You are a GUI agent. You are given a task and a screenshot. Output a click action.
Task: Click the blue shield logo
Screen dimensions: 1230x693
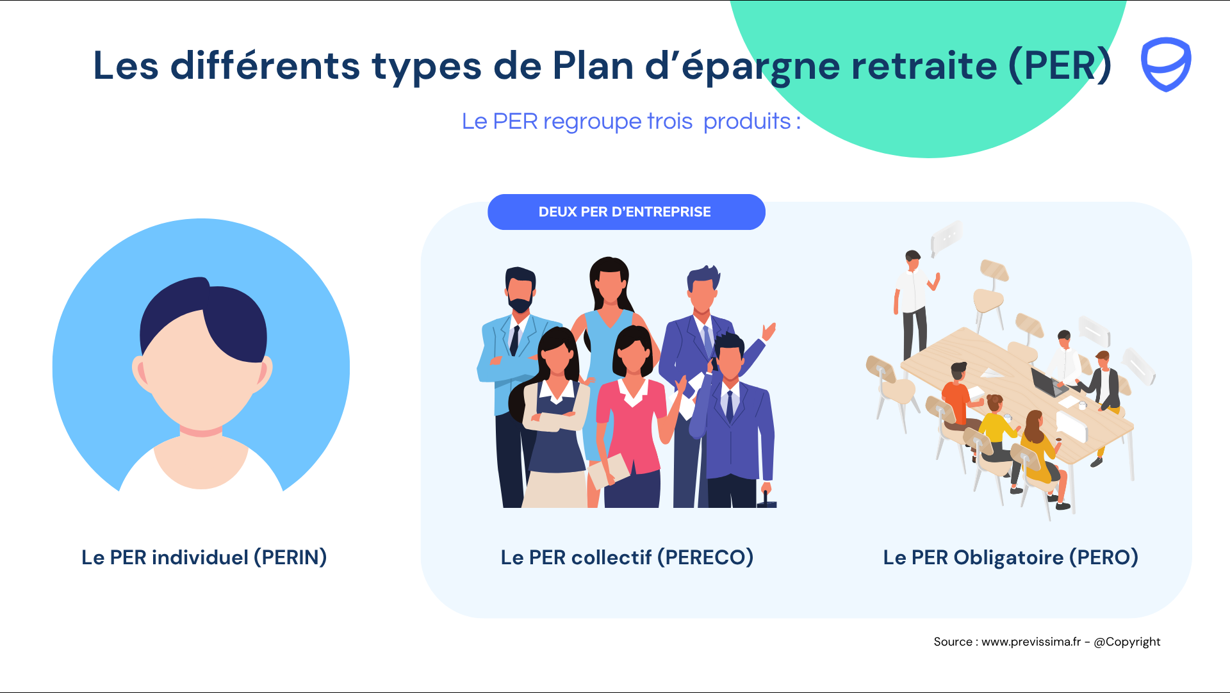pos(1166,64)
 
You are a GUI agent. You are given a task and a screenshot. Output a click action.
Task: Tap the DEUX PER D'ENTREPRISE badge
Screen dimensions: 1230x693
pos(627,212)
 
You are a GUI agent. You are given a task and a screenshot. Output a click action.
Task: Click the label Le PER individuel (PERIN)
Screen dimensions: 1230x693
pos(204,557)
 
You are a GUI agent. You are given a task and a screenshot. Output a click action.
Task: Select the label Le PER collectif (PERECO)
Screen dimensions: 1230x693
pos(627,557)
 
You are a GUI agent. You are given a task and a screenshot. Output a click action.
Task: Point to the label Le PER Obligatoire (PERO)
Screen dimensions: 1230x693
pos(1011,557)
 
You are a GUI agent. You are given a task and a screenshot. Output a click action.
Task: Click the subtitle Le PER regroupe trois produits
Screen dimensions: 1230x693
pos(631,121)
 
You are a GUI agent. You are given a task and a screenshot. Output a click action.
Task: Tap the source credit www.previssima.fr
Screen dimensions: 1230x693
pos(1031,642)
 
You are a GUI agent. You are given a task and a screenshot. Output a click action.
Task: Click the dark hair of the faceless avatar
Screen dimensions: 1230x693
pos(204,320)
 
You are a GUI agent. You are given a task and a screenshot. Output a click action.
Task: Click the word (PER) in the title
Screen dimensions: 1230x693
pos(1060,65)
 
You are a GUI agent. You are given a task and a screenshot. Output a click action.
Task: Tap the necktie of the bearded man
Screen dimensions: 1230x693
pos(514,340)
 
